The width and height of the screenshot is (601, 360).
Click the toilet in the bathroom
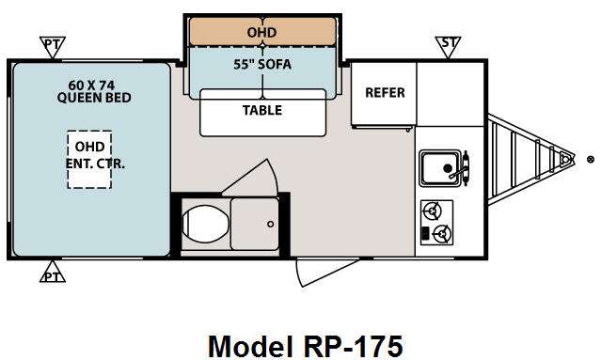pyautogui.click(x=206, y=224)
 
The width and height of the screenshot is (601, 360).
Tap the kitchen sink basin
pyautogui.click(x=440, y=168)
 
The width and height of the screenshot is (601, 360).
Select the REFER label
pyautogui.click(x=385, y=93)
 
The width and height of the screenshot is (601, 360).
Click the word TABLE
pyautogui.click(x=262, y=110)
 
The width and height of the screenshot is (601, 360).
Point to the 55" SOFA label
pyautogui.click(x=262, y=64)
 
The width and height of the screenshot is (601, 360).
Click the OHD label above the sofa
pyautogui.click(x=261, y=33)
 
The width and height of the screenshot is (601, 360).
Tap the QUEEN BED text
pyautogui.click(x=94, y=98)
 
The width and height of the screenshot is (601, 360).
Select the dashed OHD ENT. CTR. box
pyautogui.click(x=89, y=160)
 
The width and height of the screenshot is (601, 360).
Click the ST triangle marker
pyautogui.click(x=448, y=46)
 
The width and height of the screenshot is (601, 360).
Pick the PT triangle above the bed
pyautogui.click(x=53, y=46)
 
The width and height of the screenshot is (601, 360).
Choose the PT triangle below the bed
pyautogui.click(x=53, y=273)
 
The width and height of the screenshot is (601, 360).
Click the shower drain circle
pyautogui.click(x=271, y=224)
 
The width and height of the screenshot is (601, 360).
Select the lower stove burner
pyautogui.click(x=442, y=233)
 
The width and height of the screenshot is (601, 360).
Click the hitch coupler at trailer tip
pyautogui.click(x=565, y=158)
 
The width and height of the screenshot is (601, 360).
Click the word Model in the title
pyautogui.click(x=250, y=346)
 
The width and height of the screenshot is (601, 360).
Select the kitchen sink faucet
pyautogui.click(x=462, y=168)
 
